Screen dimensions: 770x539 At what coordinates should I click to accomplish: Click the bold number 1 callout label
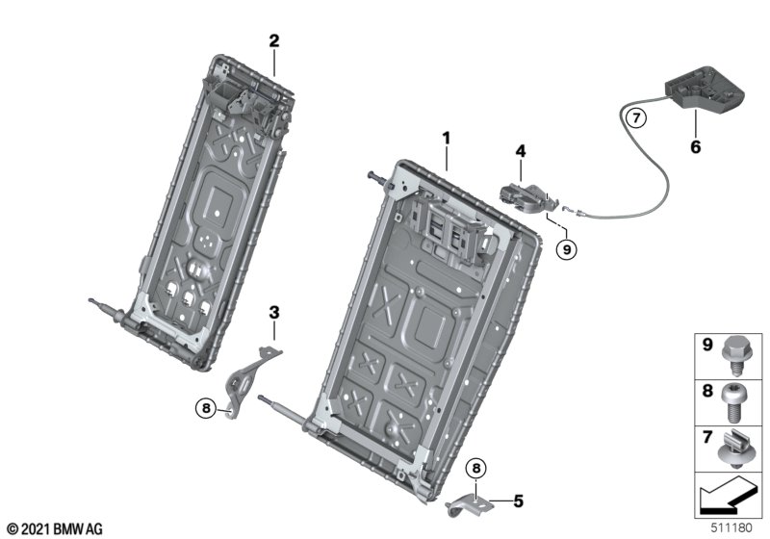point(446,139)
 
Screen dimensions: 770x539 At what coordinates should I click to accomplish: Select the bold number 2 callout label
point(274,40)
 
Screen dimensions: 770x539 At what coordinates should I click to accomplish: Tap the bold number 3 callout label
point(274,312)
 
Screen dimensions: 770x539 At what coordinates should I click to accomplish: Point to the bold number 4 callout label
point(521,151)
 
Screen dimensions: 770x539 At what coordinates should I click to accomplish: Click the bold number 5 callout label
point(519,501)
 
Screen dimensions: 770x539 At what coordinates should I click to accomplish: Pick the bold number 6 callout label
point(695,146)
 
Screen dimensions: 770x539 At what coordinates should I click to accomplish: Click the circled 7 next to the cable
point(636,117)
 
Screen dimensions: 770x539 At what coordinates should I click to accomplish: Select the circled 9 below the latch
point(567,249)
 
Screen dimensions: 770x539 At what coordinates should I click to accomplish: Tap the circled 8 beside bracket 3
point(206,407)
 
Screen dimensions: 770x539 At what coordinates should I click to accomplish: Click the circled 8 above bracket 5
point(475,469)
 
